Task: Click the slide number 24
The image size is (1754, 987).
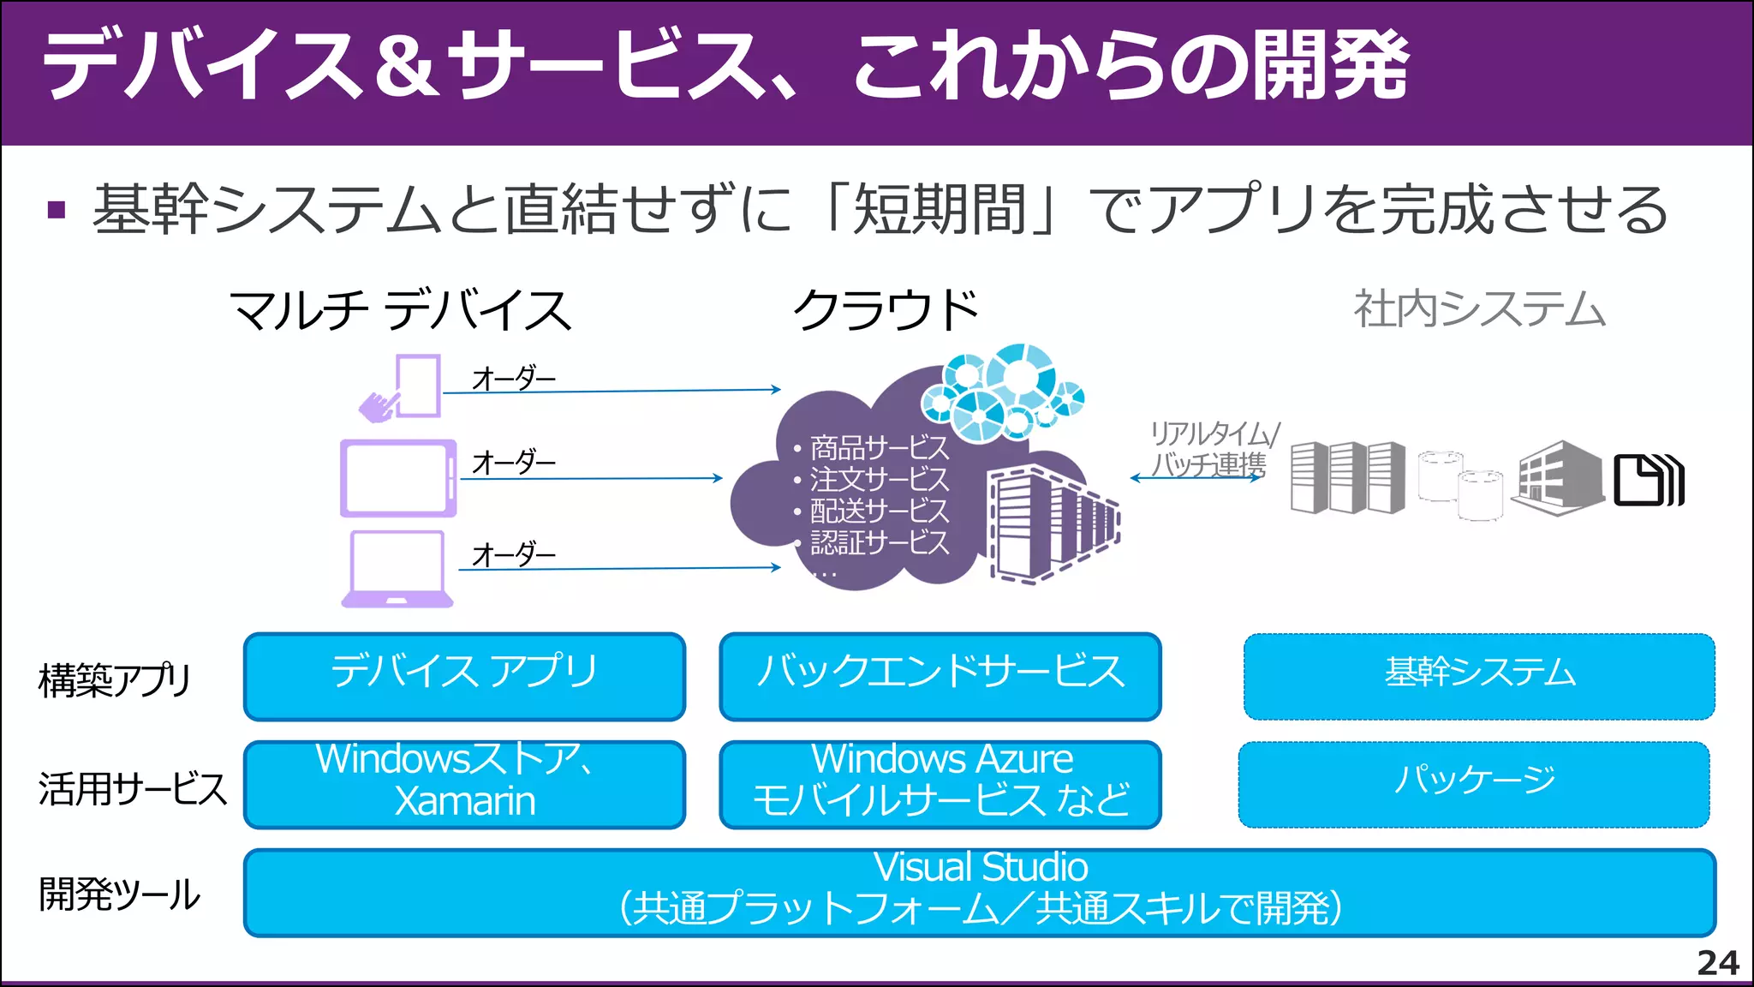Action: point(1717,963)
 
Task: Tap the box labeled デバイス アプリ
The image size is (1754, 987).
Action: point(464,676)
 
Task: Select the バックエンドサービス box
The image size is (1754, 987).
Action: point(940,676)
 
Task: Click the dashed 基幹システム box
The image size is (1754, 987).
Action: point(1479,676)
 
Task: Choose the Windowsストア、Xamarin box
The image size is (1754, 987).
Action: point(464,784)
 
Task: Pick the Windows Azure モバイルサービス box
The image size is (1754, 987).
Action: point(940,784)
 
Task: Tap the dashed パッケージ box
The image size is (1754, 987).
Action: point(1474,784)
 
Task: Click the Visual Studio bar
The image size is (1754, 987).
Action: point(980,892)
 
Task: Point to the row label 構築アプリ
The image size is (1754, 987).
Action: point(115,680)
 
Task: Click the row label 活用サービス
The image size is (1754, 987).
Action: point(133,788)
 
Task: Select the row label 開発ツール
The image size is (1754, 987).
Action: point(120,894)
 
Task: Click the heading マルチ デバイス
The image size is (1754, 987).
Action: point(401,310)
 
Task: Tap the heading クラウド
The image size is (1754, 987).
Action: point(886,310)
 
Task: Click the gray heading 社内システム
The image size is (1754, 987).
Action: point(1479,310)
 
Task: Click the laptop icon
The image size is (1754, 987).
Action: point(397,569)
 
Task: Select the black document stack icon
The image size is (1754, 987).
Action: point(1648,481)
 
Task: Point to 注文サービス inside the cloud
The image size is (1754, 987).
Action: point(879,480)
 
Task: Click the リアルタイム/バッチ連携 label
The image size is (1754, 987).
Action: point(1211,449)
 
